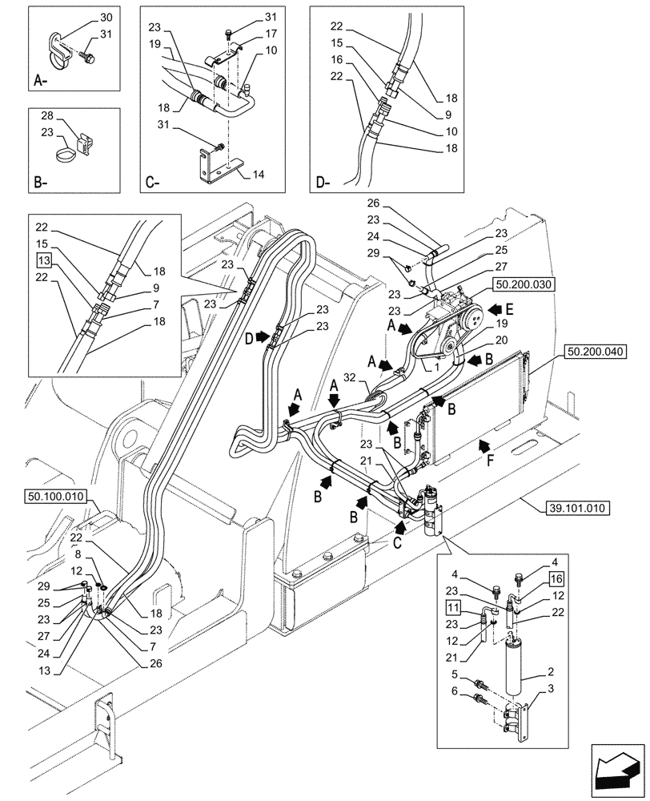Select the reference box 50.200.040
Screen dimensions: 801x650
[597, 350]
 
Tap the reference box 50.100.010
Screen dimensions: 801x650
[54, 497]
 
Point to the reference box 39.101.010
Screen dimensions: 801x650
[578, 507]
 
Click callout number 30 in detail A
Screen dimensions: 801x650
[106, 18]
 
